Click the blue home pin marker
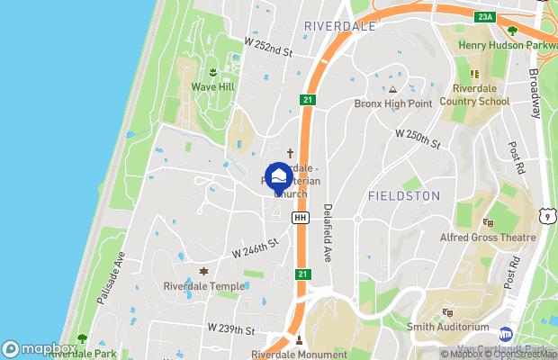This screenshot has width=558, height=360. click(279, 175)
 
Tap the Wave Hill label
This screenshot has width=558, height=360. click(212, 87)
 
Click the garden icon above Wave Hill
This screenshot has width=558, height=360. click(213, 73)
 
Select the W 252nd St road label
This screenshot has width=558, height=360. click(268, 47)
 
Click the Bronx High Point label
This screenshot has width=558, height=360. click(392, 103)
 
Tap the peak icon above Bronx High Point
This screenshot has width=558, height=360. click(392, 90)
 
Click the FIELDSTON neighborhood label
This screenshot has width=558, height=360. click(404, 195)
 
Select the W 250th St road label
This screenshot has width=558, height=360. click(418, 139)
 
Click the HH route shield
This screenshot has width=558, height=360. click(301, 218)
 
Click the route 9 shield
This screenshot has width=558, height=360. click(546, 214)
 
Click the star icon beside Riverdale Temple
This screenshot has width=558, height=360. click(203, 272)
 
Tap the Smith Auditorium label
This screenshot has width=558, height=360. click(447, 327)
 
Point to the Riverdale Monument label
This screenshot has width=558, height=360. click(300, 354)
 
